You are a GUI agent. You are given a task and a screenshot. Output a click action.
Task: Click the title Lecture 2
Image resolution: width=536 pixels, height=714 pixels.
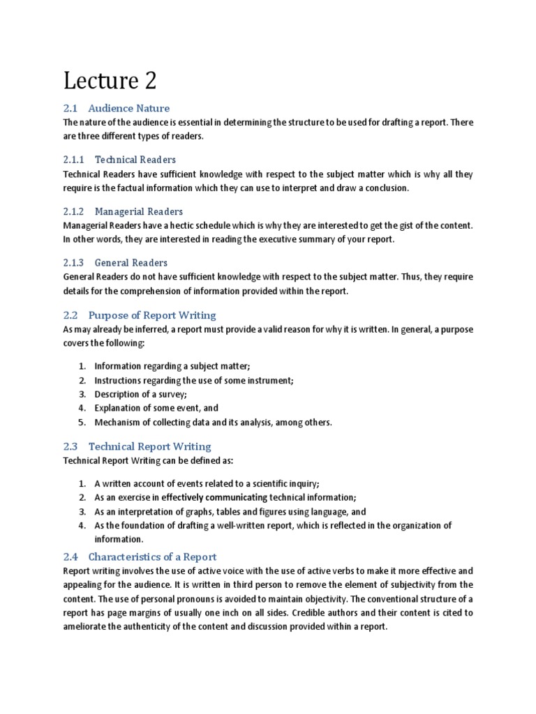coord(110,81)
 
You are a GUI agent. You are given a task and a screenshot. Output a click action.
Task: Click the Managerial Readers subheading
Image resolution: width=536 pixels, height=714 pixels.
coord(139,211)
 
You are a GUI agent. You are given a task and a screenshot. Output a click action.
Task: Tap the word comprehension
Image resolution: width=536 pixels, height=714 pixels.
coord(156,291)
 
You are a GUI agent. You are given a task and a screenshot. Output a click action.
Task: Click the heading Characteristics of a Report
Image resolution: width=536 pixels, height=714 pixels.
coord(152,556)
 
